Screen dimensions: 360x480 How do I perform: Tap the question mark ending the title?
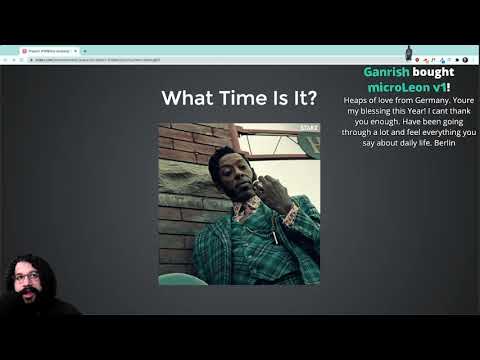[x=313, y=98]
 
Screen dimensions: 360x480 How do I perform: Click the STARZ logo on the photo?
[x=309, y=129]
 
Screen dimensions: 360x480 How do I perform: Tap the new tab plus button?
[x=84, y=50]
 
